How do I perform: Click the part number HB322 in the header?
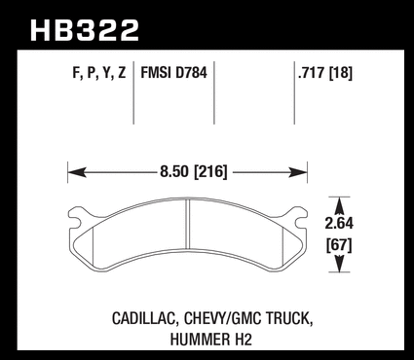[85, 30]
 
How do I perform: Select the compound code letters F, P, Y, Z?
[99, 73]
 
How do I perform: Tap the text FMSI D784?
[173, 72]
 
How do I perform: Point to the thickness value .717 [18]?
[324, 73]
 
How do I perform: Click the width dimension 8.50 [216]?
[193, 171]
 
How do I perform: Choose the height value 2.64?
[339, 224]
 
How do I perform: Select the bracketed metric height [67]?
[339, 245]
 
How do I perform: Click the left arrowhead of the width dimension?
[77, 172]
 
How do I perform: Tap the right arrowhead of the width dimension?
[298, 172]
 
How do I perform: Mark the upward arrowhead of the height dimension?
[339, 206]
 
